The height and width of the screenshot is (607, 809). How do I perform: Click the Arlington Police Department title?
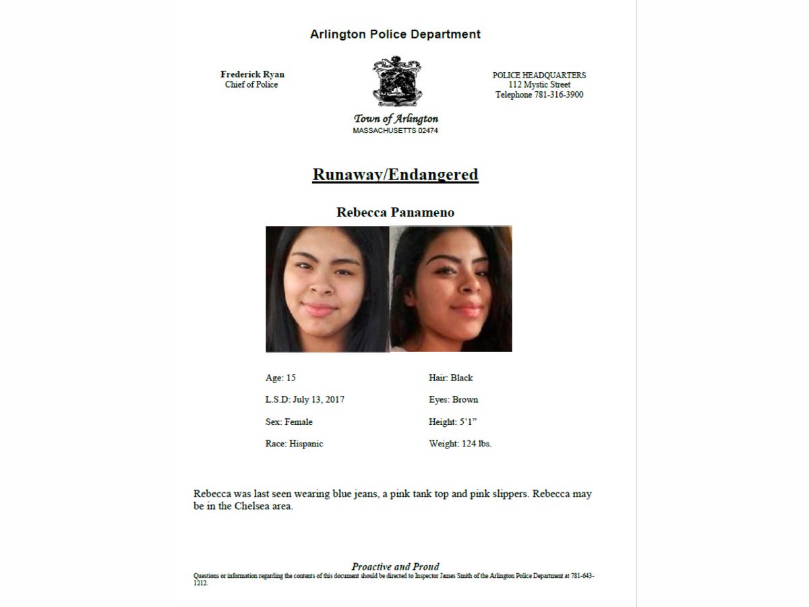395,34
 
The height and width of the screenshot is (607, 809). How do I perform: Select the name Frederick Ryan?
252,74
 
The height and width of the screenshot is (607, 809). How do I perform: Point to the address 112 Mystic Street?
539,84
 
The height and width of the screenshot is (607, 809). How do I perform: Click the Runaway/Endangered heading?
395,175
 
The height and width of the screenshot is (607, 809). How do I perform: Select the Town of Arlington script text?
396,119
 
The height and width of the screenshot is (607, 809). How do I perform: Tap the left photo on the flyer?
327,289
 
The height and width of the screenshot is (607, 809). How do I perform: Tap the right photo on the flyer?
451,289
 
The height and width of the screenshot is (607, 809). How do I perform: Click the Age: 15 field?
280,378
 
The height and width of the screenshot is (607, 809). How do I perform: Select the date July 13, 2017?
318,399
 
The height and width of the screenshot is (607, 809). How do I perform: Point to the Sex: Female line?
289,422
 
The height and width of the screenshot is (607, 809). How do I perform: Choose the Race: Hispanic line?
294,443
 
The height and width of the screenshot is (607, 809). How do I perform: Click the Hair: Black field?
450,378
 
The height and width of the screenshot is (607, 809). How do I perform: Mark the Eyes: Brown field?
453,399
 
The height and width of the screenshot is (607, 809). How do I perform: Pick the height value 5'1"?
473,422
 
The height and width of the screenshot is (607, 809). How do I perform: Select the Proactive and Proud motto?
395,567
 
